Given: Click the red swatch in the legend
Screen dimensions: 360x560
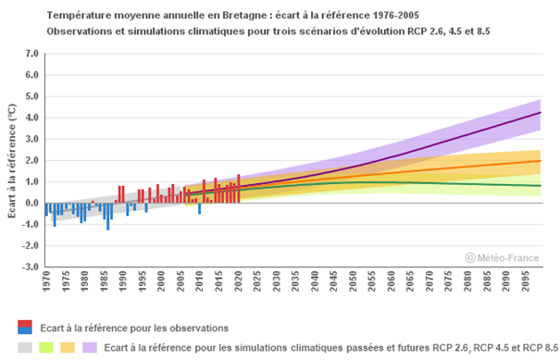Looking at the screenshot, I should click(x=25, y=323).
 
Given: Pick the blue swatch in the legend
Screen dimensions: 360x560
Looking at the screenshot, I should click(x=25, y=330).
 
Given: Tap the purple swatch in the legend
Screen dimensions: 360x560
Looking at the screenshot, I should click(x=89, y=348).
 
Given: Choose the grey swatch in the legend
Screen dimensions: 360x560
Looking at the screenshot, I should click(x=25, y=348).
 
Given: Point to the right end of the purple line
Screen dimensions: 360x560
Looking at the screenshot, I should click(x=541, y=113).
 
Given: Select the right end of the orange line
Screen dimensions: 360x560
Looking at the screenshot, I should click(x=541, y=161).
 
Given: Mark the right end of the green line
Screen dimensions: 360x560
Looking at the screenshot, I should click(x=541, y=186).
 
